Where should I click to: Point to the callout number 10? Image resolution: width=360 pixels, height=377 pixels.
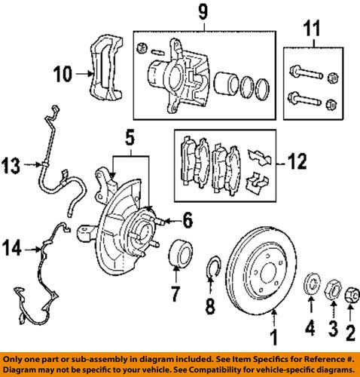(x=63, y=73)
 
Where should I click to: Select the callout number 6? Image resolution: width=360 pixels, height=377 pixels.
(x=187, y=220)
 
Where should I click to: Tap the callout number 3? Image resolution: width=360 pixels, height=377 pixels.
(x=329, y=327)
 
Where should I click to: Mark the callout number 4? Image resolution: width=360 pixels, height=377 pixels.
(x=308, y=327)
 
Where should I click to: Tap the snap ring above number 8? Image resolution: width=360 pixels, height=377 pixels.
(x=213, y=266)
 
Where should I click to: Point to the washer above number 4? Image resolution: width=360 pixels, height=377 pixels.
(x=309, y=287)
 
